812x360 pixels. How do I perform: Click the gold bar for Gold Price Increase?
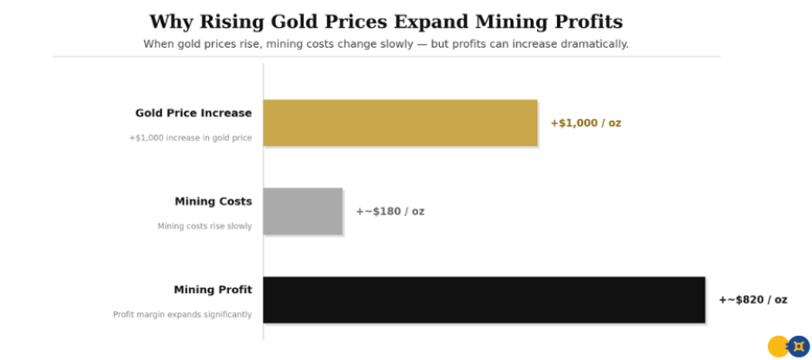(x=400, y=122)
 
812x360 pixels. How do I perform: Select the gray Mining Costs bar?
(x=303, y=211)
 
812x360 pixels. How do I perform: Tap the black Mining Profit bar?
(x=483, y=299)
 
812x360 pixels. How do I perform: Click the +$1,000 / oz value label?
(x=586, y=123)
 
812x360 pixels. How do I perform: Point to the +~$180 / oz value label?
(x=390, y=212)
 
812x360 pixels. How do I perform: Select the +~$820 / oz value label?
(x=752, y=300)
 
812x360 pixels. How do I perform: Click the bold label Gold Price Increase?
(x=193, y=113)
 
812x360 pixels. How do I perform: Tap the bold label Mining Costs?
(x=213, y=201)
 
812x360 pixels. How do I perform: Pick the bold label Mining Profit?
(x=213, y=290)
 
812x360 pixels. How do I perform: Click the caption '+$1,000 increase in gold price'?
(x=190, y=138)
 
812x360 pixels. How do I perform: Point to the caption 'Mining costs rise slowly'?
(x=204, y=226)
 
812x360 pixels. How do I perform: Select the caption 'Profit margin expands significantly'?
(x=182, y=315)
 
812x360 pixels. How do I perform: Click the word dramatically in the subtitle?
(x=592, y=43)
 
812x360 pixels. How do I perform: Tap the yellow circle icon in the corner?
(x=778, y=346)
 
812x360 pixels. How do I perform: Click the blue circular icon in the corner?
(x=798, y=346)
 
